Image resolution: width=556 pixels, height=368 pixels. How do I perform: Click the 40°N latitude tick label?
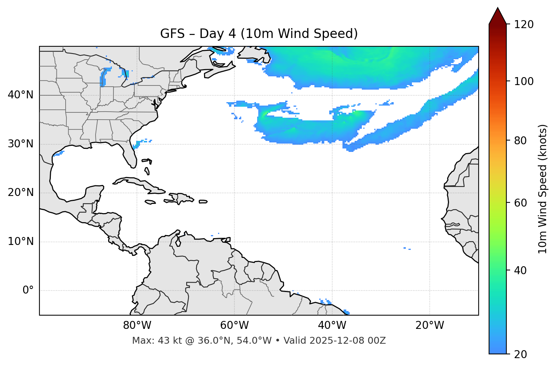(x=21, y=95)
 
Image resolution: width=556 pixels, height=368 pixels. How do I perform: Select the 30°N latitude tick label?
(x=21, y=144)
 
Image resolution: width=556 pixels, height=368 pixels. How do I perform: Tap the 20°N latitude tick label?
(x=21, y=193)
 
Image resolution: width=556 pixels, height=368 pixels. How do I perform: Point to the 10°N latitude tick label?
(x=21, y=242)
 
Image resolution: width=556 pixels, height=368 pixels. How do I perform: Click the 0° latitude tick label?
(x=28, y=291)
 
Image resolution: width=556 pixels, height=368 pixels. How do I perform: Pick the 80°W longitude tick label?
(x=137, y=325)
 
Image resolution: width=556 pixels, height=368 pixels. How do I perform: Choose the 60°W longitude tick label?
(x=234, y=325)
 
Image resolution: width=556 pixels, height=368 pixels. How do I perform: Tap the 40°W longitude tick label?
(x=332, y=325)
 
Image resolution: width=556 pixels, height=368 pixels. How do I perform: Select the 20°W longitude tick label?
(x=430, y=325)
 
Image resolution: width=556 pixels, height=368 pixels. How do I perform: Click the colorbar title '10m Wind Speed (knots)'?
(x=543, y=189)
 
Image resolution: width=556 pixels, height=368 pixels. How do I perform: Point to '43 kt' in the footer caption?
(x=169, y=341)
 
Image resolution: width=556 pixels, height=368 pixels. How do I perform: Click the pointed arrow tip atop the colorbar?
(x=498, y=9)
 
